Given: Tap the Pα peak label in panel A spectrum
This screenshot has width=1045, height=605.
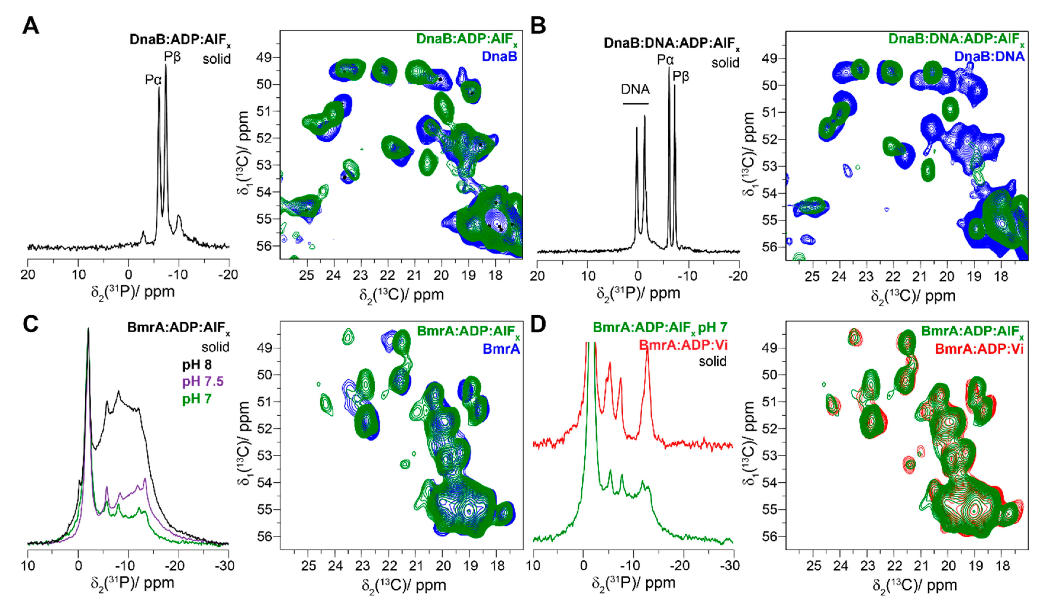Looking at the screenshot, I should click(x=153, y=79).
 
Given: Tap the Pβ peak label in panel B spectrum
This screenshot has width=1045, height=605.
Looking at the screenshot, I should click(x=680, y=76).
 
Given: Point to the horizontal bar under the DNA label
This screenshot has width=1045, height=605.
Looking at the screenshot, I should click(x=635, y=103).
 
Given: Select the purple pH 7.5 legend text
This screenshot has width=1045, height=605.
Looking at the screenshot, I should click(x=203, y=381).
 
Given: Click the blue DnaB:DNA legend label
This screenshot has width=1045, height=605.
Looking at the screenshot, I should click(x=989, y=56).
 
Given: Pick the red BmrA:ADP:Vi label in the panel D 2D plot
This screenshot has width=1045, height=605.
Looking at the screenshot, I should click(x=979, y=349).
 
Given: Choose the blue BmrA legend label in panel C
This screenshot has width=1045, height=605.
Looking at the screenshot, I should click(x=501, y=349).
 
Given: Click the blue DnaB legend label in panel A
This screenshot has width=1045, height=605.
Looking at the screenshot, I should click(x=499, y=56).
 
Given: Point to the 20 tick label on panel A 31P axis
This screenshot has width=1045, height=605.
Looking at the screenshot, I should click(x=28, y=274).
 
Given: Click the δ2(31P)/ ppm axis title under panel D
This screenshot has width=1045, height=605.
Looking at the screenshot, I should click(x=633, y=583).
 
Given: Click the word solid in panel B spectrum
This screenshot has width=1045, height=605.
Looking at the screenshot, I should click(x=725, y=63).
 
